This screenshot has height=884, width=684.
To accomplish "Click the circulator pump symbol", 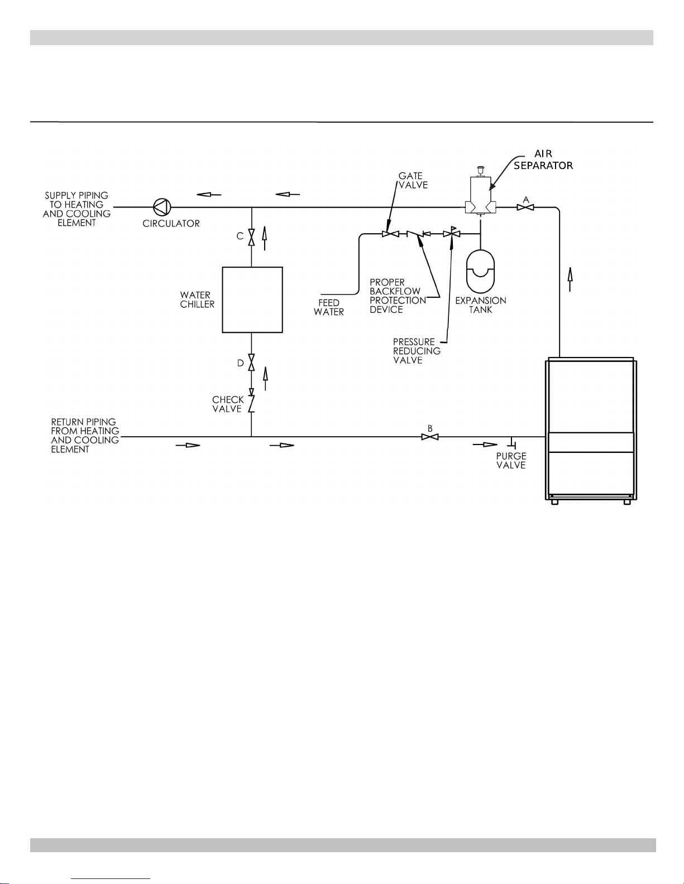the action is (x=162, y=207).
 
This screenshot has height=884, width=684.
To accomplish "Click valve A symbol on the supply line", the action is (x=525, y=207).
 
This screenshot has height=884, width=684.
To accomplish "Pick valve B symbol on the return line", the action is (x=430, y=437).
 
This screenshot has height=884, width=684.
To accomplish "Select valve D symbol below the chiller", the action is (x=251, y=362).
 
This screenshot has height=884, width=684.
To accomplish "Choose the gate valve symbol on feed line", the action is (x=390, y=234).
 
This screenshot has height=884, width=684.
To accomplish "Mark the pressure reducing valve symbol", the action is (x=452, y=233).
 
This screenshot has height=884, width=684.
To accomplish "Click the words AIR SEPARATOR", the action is (x=543, y=160).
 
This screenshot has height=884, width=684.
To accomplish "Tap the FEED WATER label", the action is (x=328, y=307).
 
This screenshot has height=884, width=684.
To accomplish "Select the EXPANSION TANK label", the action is (x=480, y=305).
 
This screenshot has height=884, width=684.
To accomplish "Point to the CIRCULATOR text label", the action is (x=171, y=223).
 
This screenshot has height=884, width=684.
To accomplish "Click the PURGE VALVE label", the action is (x=511, y=461).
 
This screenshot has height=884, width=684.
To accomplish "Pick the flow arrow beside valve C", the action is (x=265, y=238).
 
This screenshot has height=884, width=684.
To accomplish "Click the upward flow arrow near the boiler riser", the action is (x=570, y=279).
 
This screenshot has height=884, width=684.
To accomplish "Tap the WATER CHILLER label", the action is (x=197, y=300).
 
